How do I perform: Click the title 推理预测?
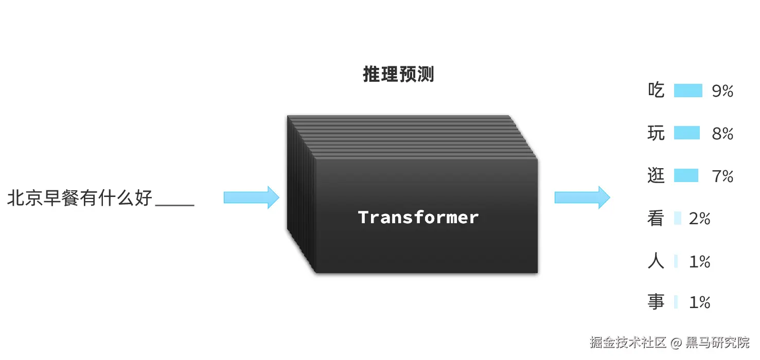point(398,75)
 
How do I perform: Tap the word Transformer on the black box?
point(418,218)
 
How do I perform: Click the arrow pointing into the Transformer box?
point(251,197)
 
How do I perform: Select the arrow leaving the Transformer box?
point(582,197)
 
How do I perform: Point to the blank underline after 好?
point(174,204)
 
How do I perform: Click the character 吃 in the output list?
point(656,91)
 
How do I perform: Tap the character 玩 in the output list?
point(656,134)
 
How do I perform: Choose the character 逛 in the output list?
point(656,176)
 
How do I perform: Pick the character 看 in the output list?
point(656,219)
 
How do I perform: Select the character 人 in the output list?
point(656,262)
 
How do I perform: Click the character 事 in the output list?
point(656,302)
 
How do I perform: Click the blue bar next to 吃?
point(688,91)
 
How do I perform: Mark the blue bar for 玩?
point(687,133)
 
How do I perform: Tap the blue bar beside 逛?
point(686,176)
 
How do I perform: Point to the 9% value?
point(722,92)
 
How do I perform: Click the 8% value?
point(722,134)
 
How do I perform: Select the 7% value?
point(722,177)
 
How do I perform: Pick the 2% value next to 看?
point(700,220)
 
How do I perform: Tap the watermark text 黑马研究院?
point(718,343)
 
